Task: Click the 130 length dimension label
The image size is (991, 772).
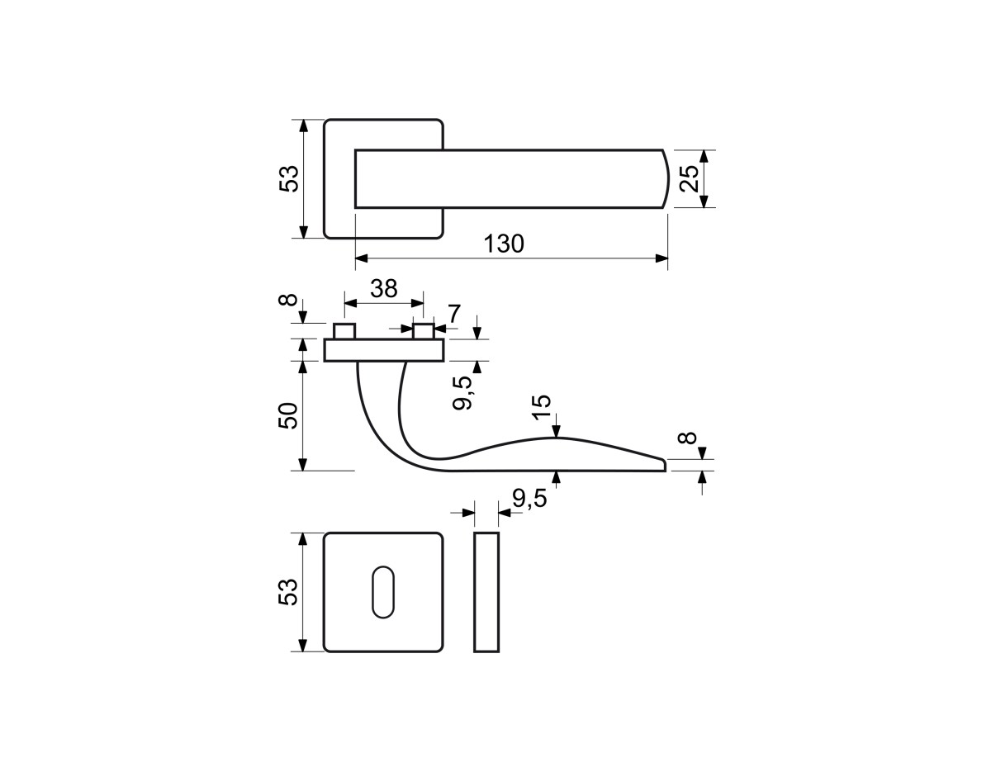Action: [x=504, y=244]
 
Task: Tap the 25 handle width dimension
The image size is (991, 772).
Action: [x=689, y=178]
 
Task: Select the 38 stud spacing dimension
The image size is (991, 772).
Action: [x=383, y=288]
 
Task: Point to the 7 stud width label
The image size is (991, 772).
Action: [x=454, y=313]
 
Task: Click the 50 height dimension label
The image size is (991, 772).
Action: [x=287, y=415]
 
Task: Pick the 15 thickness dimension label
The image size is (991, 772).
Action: [x=541, y=407]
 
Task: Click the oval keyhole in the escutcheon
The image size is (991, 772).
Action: [x=383, y=592]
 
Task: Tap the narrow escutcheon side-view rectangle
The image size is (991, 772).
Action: [x=486, y=592]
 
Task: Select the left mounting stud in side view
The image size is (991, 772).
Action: [x=344, y=331]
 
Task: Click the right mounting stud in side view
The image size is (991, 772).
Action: [x=423, y=331]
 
